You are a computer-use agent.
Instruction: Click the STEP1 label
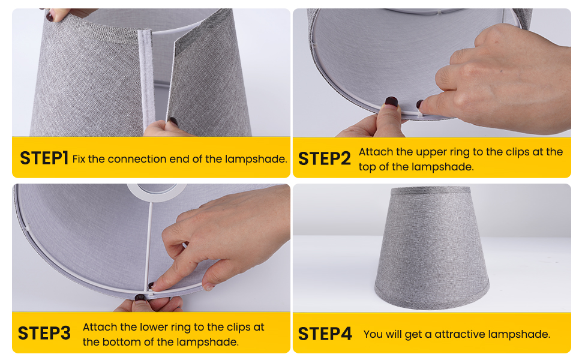(44, 158)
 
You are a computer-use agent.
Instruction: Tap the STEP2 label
(324, 158)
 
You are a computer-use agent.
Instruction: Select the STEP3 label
(44, 333)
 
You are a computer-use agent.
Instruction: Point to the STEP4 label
(324, 334)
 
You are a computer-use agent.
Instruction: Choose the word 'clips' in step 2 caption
(526, 152)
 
